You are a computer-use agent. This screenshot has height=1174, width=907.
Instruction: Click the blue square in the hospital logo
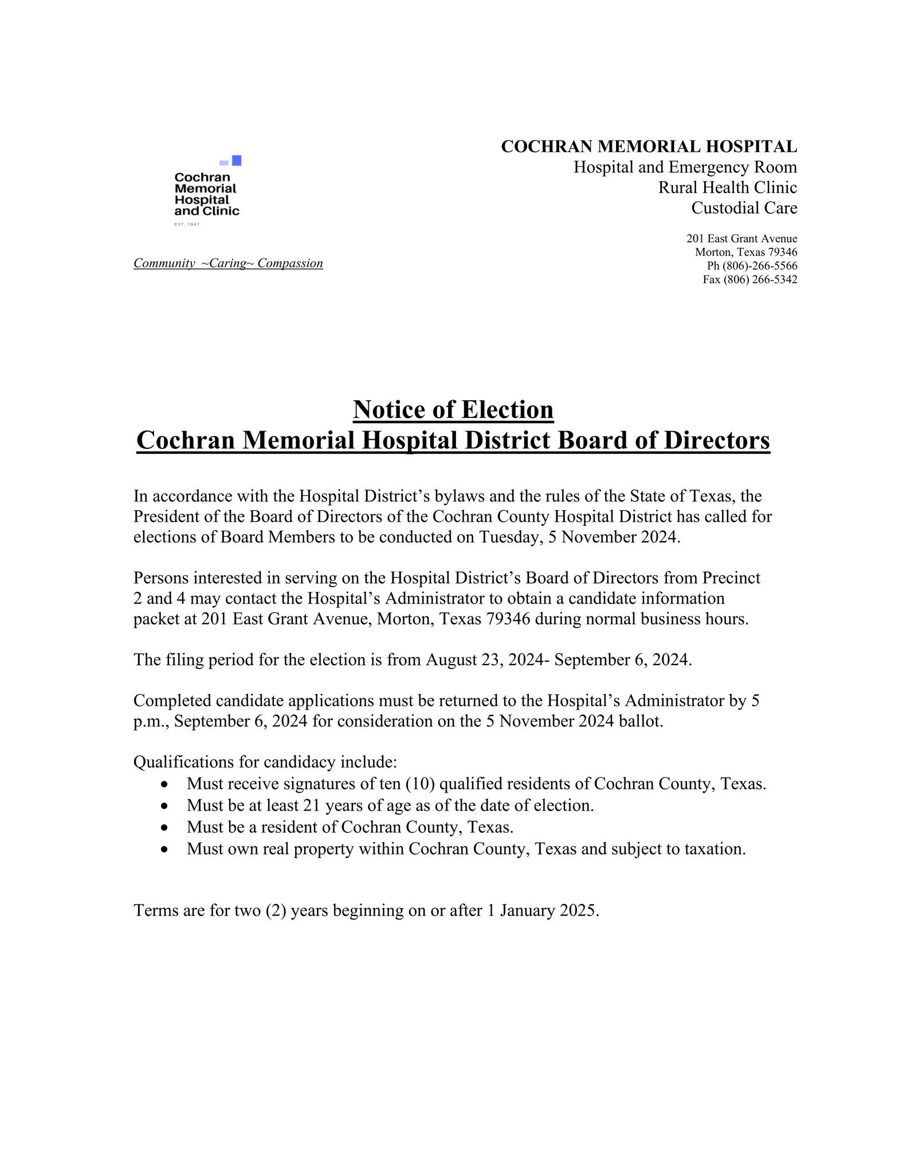(236, 161)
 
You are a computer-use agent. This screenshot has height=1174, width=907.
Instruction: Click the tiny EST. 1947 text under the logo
(187, 224)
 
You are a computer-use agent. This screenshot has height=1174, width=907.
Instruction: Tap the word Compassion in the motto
(290, 263)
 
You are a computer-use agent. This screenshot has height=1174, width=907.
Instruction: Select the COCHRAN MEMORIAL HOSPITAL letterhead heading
(649, 147)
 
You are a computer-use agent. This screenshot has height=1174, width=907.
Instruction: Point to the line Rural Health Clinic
(727, 187)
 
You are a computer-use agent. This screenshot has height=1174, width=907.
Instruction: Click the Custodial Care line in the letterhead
(744, 208)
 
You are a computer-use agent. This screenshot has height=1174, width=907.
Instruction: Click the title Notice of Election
(453, 409)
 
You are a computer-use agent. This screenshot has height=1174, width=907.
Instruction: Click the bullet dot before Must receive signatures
(165, 784)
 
